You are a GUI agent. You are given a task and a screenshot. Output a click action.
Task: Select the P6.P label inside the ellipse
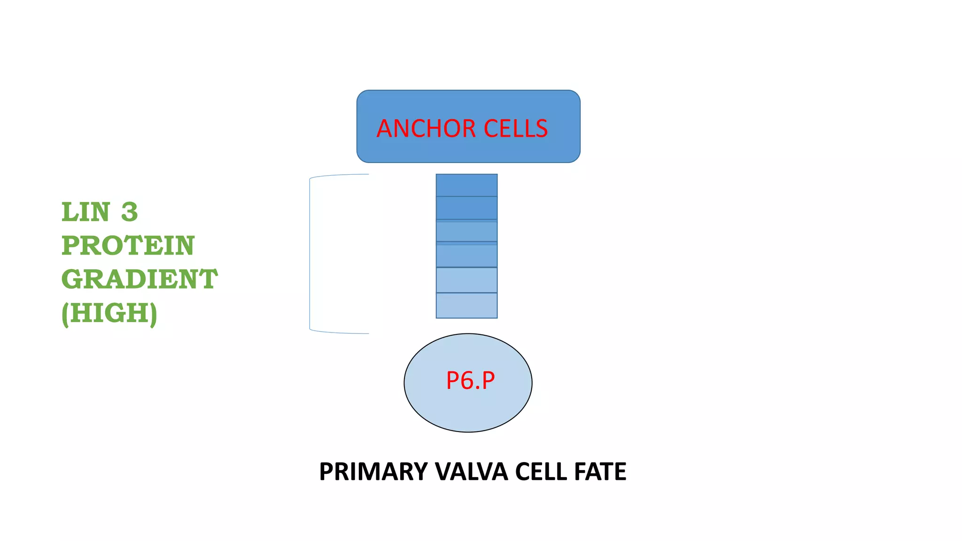click(x=470, y=380)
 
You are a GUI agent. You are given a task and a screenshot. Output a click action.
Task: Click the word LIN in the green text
click(x=86, y=212)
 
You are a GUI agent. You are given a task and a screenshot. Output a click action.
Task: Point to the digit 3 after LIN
click(x=129, y=212)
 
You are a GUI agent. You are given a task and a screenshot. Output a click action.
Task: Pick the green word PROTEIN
click(x=128, y=246)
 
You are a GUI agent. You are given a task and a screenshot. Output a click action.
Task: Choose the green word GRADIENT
click(x=140, y=279)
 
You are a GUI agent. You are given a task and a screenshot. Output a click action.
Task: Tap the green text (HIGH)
click(x=109, y=313)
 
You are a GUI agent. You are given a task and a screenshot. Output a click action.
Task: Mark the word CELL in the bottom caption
click(x=541, y=471)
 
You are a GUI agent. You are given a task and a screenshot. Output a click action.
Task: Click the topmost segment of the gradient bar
click(x=466, y=185)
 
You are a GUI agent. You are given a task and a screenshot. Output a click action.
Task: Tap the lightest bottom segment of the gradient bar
click(x=466, y=306)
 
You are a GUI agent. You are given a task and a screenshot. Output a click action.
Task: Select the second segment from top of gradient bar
click(x=466, y=208)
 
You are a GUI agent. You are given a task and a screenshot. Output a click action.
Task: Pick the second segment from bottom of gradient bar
click(x=466, y=280)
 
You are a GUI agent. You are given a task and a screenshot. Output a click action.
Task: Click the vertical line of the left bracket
click(x=310, y=254)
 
